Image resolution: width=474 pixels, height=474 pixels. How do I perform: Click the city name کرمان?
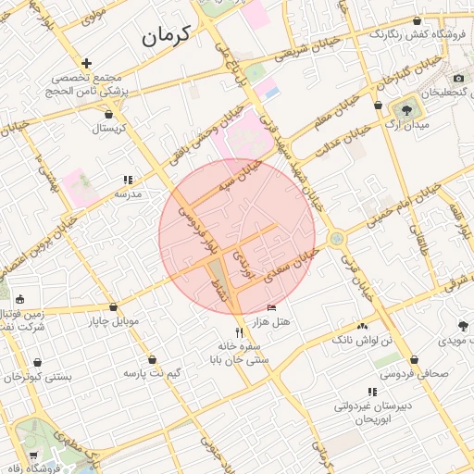[x=165, y=37]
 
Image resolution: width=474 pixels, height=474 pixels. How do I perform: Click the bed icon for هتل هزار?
[x=270, y=307]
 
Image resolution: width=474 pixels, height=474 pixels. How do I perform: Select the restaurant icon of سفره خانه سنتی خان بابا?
[x=239, y=332]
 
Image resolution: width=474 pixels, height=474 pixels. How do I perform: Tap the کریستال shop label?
[x=108, y=128]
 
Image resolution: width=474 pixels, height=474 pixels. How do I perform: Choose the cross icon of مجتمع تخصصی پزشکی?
[x=86, y=64]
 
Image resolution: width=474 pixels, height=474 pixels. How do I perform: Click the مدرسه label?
[x=127, y=194]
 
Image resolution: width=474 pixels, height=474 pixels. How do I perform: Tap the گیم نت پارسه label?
[x=152, y=372]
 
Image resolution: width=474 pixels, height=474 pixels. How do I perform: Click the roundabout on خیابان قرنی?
[x=336, y=239]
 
